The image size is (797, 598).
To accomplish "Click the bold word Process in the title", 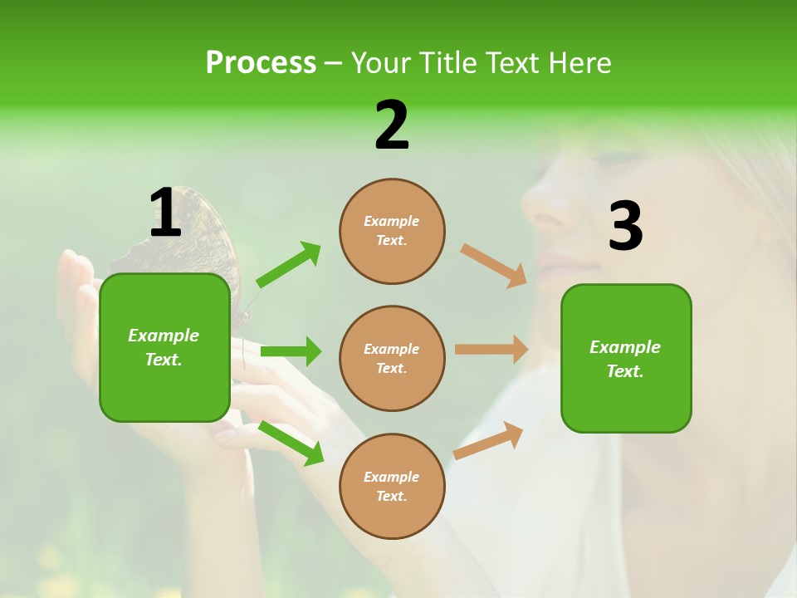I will coord(261,63).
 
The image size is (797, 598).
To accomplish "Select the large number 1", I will coord(165,213).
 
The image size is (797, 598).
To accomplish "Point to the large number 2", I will coord(392,125).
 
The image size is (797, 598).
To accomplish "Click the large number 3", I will coord(625,226).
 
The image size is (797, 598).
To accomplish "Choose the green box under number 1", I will coord(164,347).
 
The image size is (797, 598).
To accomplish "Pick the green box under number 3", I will coord(626,358).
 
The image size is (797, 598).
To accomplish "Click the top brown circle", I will coord(392,231).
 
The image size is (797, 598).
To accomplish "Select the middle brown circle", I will coord(392,358).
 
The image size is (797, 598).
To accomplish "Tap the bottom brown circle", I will coord(392,486).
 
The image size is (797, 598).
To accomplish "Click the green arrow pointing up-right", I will coord(289,264).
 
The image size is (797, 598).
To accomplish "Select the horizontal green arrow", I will coord(291,351).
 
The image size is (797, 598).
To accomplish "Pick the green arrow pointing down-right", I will coord(291,443).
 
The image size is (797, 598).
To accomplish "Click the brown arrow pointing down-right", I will coord(494,265).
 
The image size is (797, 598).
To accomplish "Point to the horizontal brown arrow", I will coord(491,350).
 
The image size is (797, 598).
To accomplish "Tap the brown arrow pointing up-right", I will coord(489,440).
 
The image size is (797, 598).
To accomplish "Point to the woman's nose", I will coord(544,208).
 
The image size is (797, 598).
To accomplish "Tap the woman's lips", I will coord(565,267).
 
